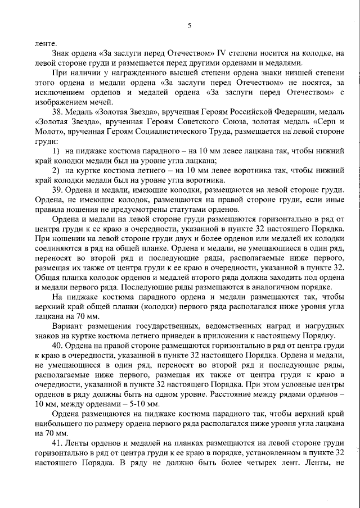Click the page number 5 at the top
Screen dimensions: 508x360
coord(189,25)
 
